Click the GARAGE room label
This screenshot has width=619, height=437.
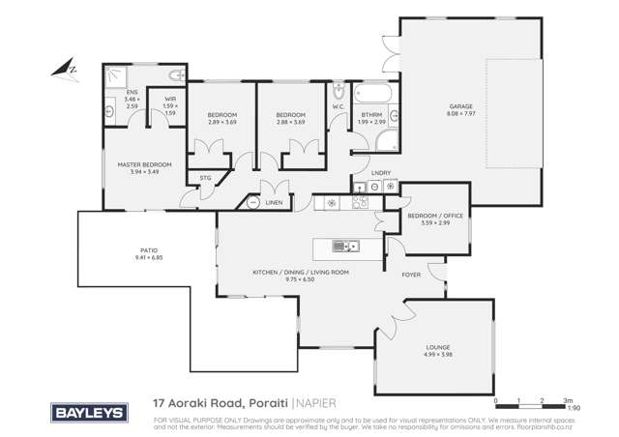[x=459, y=105]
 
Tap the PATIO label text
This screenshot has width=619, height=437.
[x=148, y=251]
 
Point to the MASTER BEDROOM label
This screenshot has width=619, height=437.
[x=144, y=164]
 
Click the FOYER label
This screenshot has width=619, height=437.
[x=411, y=275]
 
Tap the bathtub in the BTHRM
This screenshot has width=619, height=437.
[x=372, y=95]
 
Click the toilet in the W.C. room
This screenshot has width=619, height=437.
[x=338, y=94]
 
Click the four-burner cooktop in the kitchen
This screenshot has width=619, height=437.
[x=360, y=202]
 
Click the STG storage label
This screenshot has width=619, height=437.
[x=205, y=178]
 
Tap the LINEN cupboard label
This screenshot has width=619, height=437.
[x=275, y=203]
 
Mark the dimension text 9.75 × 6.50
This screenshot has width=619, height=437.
[x=300, y=278]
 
